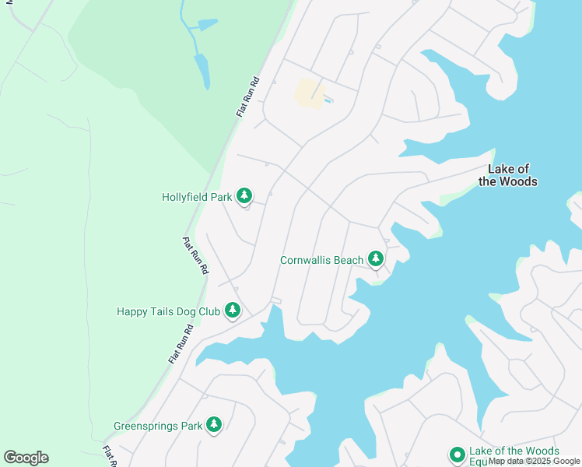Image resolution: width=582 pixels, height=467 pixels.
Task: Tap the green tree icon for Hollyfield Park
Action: click(244, 195)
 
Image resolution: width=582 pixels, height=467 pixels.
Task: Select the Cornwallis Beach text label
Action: click(321, 259)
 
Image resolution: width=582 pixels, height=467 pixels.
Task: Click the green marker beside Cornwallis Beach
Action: click(376, 258)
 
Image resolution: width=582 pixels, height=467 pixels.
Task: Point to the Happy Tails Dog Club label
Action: click(167, 311)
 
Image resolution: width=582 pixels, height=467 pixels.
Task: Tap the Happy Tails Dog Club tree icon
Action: click(232, 310)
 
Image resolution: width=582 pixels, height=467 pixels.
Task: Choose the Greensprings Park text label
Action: click(158, 426)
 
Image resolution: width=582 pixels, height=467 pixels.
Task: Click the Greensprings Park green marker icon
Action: click(214, 424)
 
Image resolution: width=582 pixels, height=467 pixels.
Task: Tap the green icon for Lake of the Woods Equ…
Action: click(457, 454)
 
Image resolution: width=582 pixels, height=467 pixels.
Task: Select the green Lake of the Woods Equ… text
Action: click(514, 451)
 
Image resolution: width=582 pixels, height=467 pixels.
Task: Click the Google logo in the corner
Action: click(26, 458)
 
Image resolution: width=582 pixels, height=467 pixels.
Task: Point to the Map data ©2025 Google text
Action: click(534, 461)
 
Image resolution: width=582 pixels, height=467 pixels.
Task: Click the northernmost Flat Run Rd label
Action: click(247, 97)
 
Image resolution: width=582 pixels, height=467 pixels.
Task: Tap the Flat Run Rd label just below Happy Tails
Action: click(181, 344)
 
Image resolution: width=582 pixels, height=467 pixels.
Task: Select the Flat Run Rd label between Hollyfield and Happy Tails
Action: click(195, 255)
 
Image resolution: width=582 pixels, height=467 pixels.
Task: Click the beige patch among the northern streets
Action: click(309, 93)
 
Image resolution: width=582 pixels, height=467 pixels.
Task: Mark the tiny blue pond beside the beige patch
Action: click(328, 100)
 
